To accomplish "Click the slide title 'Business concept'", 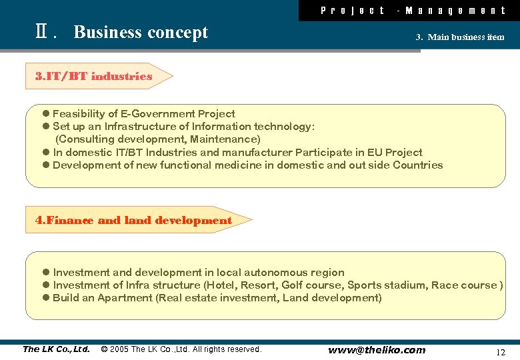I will tap(141, 33).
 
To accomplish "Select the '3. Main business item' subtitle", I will tap(460, 37).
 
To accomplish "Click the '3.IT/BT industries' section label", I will tap(94, 77).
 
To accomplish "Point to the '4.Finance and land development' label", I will tap(134, 221).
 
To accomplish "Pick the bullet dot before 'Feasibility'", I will tap(45, 114).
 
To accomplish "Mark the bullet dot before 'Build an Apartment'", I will tap(45, 298).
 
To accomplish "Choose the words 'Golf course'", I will tap(311, 285).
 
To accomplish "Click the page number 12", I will tap(501, 351).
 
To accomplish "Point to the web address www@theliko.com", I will tap(376, 350).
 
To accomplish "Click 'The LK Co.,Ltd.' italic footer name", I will tap(56, 349).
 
